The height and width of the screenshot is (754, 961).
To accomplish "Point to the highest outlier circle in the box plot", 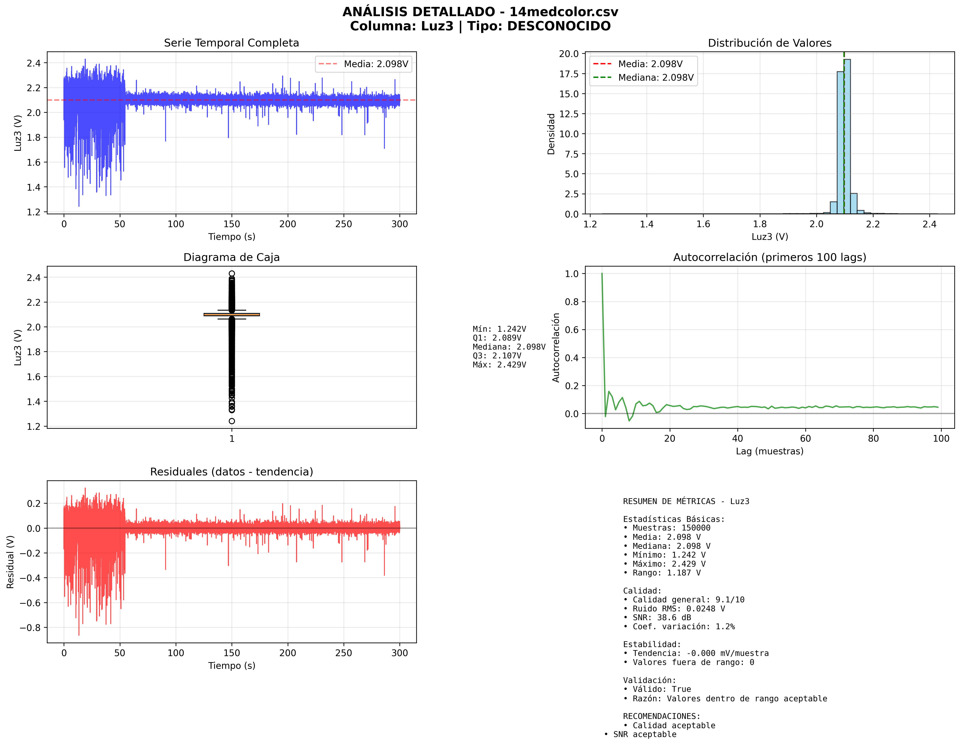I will click(x=232, y=273).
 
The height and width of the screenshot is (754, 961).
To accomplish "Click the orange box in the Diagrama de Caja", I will click(x=232, y=314).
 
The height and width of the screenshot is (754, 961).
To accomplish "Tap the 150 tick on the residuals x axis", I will click(x=232, y=653).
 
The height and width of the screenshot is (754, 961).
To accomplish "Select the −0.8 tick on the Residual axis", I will click(x=31, y=627).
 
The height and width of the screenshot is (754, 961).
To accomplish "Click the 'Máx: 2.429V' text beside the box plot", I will click(x=499, y=365).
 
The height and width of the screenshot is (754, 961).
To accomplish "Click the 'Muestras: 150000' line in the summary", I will click(x=671, y=528).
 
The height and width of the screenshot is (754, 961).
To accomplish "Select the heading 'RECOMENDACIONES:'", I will click(x=661, y=716).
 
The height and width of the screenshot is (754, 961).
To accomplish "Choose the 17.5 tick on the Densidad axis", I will click(x=569, y=74).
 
